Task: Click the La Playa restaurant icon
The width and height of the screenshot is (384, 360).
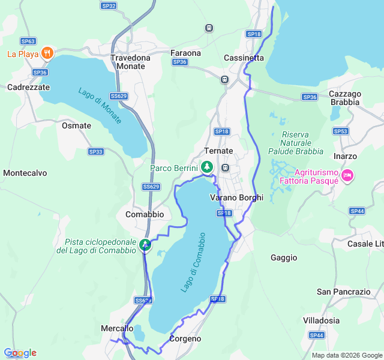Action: tap(47, 53)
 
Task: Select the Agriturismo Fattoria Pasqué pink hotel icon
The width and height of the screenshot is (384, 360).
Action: tap(347, 175)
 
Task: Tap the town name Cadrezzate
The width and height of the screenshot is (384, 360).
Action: tap(28, 87)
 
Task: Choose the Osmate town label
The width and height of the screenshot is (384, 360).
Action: tap(76, 126)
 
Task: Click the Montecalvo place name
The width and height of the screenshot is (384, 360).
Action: tap(25, 173)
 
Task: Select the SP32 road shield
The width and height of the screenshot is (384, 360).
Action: tap(109, 5)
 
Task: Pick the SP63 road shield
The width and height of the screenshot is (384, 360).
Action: tap(28, 41)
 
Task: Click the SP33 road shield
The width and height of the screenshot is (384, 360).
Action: tap(95, 152)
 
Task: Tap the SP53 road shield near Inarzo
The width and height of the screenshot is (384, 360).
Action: tap(341, 131)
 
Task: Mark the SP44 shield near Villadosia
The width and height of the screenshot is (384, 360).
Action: tap(317, 335)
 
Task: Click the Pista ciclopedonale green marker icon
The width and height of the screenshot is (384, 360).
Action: tap(145, 245)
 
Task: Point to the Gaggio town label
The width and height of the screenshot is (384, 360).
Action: tap(284, 257)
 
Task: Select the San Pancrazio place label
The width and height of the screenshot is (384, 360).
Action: tap(344, 292)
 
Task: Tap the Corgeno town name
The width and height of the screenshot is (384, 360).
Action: tap(185, 338)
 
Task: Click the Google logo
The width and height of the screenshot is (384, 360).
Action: tap(20, 353)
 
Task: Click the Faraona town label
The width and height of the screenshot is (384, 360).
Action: tap(185, 53)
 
